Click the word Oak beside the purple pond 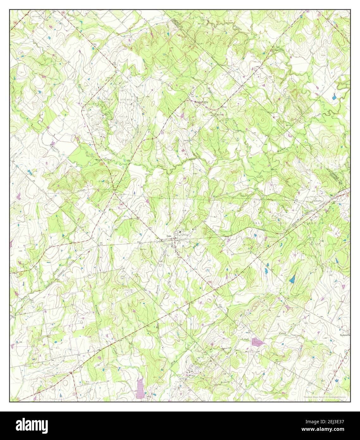[247, 340]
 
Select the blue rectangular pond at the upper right [334, 97]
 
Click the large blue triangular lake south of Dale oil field [292, 279]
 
